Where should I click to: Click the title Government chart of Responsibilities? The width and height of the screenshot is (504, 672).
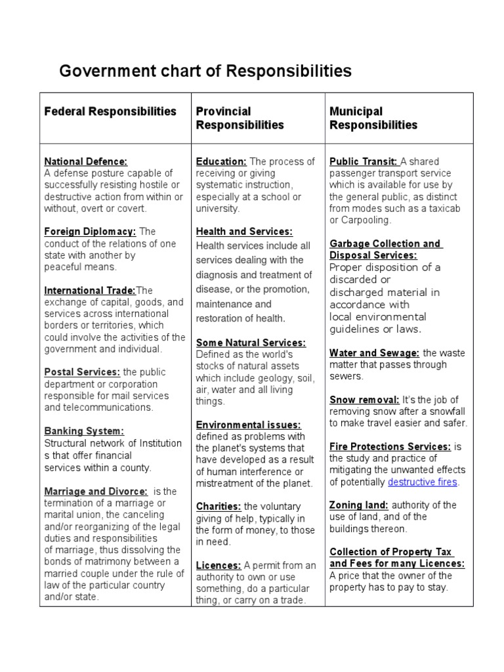pyautogui.click(x=205, y=71)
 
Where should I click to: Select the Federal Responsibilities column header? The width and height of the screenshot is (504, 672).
pyautogui.click(x=110, y=112)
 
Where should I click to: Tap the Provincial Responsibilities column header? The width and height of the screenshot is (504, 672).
pyautogui.click(x=240, y=118)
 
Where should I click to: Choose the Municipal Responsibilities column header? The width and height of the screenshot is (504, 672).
pyautogui.click(x=373, y=118)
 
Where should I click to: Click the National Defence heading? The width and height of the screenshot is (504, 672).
pyautogui.click(x=85, y=161)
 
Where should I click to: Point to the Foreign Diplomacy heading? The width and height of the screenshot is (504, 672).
pyautogui.click(x=90, y=232)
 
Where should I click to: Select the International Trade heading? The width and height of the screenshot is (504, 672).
pyautogui.click(x=90, y=291)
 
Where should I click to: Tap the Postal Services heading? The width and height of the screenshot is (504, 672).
pyautogui.click(x=82, y=372)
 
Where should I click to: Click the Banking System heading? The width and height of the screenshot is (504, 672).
pyautogui.click(x=83, y=431)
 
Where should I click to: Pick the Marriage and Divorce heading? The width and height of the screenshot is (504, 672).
pyautogui.click(x=96, y=491)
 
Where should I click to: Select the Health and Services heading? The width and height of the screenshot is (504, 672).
pyautogui.click(x=244, y=231)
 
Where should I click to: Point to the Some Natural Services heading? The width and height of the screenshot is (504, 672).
pyautogui.click(x=251, y=343)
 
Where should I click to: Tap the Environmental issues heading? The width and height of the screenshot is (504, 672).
pyautogui.click(x=248, y=425)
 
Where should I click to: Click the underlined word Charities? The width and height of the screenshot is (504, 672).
pyautogui.click(x=219, y=507)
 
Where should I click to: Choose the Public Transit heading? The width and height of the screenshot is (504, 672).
pyautogui.click(x=363, y=161)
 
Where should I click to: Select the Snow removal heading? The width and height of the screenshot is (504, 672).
pyautogui.click(x=364, y=400)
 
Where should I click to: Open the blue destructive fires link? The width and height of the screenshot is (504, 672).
pyautogui.click(x=423, y=482)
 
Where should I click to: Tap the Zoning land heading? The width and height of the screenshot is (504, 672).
pyautogui.click(x=359, y=505)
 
